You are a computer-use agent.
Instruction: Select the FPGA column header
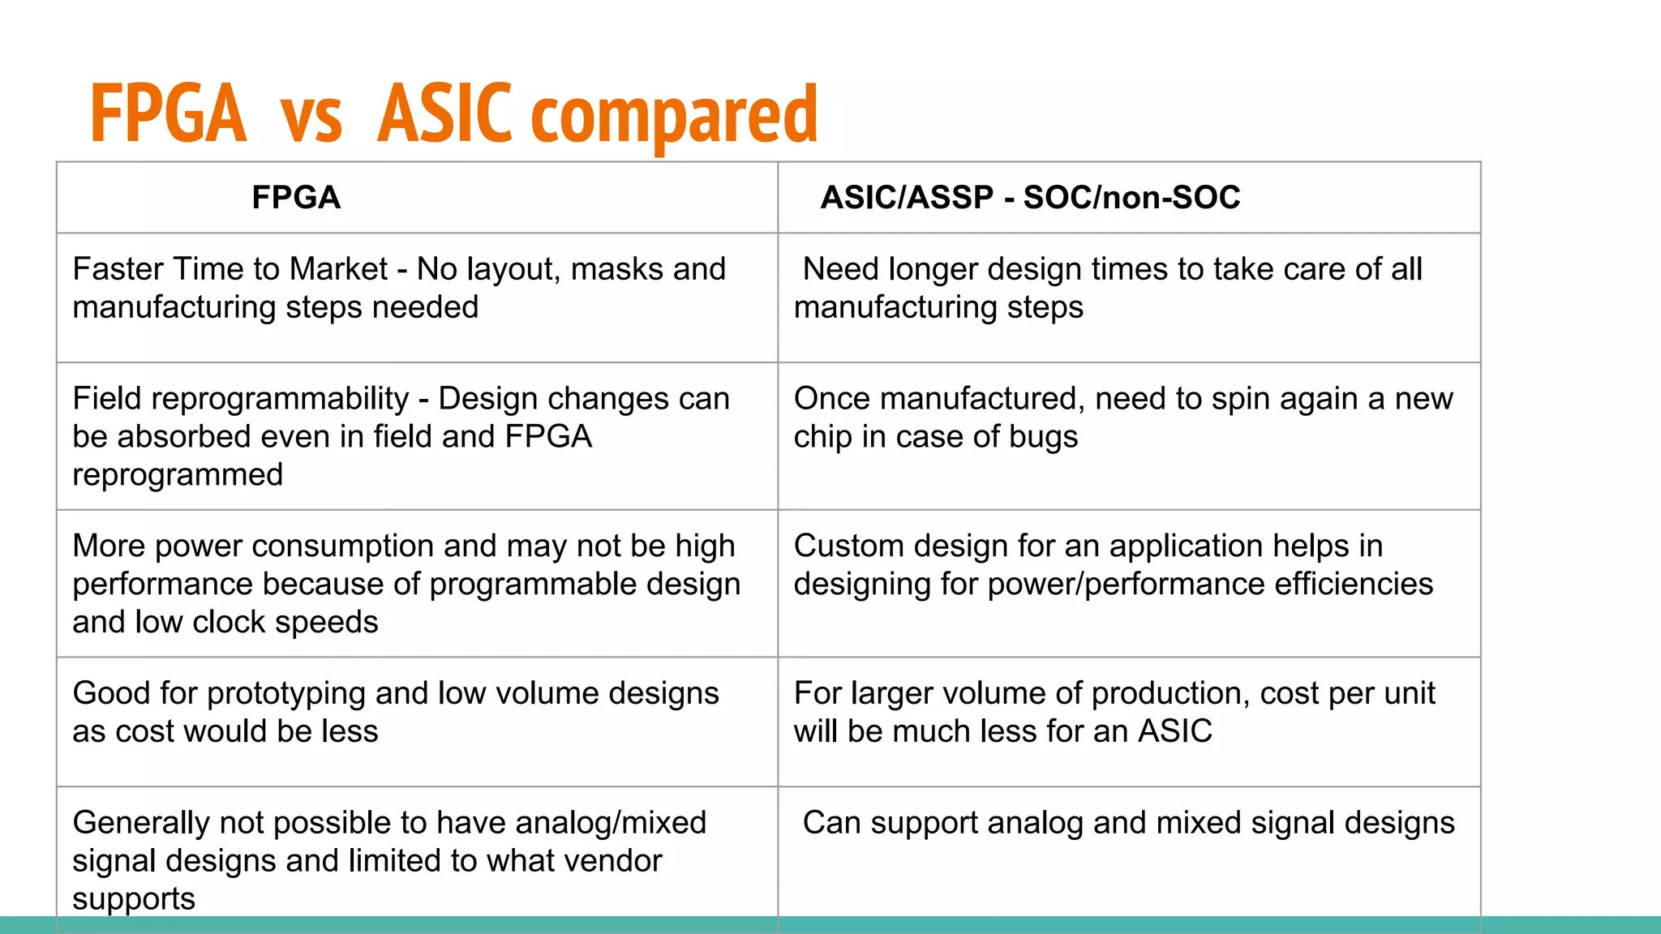(x=296, y=198)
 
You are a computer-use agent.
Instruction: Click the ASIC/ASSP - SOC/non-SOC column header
(x=1030, y=198)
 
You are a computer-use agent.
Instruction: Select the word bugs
(x=1048, y=438)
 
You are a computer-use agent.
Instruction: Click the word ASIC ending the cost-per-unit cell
(x=1174, y=731)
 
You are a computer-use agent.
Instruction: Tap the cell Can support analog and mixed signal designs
(x=1128, y=824)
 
